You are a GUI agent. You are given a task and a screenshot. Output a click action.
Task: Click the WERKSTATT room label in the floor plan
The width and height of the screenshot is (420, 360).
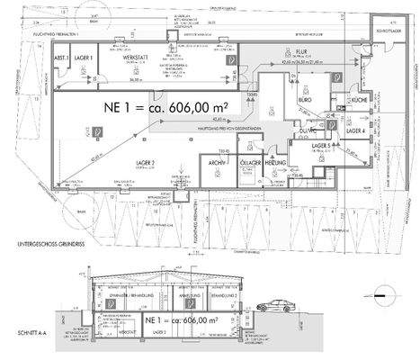click(136, 57)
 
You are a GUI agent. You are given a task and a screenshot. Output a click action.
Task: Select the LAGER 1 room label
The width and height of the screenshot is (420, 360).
click(85, 57)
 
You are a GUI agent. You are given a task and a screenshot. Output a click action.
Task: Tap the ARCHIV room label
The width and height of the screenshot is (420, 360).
click(216, 162)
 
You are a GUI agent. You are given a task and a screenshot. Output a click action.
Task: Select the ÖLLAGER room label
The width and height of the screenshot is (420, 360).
click(249, 162)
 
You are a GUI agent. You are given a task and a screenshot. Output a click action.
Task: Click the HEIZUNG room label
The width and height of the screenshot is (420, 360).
click(277, 162)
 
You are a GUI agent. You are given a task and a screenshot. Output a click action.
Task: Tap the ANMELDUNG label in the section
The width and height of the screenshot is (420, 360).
click(182, 295)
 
